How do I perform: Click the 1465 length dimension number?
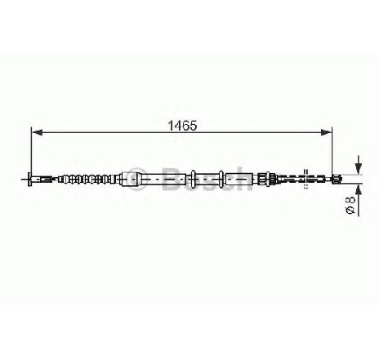[182, 126]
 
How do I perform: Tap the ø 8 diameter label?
[350, 205]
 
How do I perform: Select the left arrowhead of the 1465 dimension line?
[37, 132]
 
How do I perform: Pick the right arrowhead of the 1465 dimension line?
[327, 132]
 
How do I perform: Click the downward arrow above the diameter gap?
[359, 165]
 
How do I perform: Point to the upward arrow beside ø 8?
[359, 200]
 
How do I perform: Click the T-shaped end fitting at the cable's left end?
[29, 179]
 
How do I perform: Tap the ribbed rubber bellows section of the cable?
[88, 179]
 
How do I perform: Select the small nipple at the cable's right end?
[337, 179]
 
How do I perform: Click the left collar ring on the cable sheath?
[193, 179]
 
